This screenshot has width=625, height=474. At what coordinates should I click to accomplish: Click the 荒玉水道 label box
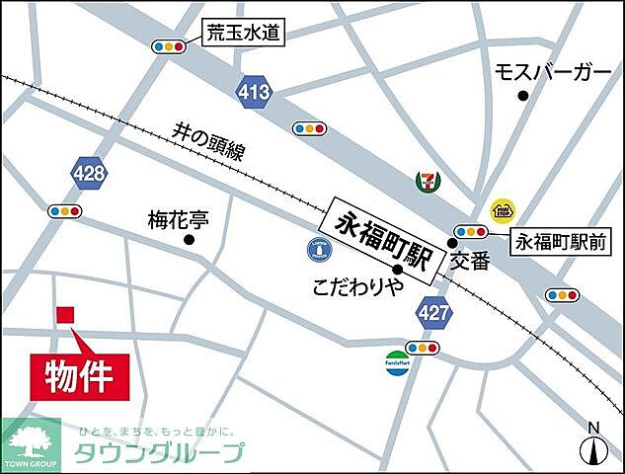pyautogui.click(x=243, y=35)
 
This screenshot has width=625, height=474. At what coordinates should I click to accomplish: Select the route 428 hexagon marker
pyautogui.click(x=89, y=174)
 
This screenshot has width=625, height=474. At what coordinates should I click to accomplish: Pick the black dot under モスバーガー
pyautogui.click(x=522, y=96)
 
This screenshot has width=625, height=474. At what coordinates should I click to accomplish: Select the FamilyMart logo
pyautogui.click(x=396, y=360)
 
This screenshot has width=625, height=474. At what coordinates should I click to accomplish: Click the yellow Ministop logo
pyautogui.click(x=502, y=209)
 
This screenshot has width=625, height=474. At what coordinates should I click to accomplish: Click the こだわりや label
pyautogui.click(x=359, y=288)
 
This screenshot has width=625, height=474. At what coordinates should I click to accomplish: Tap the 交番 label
pyautogui.click(x=470, y=261)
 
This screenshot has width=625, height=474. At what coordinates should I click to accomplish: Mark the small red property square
pyautogui.click(x=65, y=315)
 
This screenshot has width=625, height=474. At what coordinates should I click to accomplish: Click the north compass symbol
pyautogui.click(x=592, y=445)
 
